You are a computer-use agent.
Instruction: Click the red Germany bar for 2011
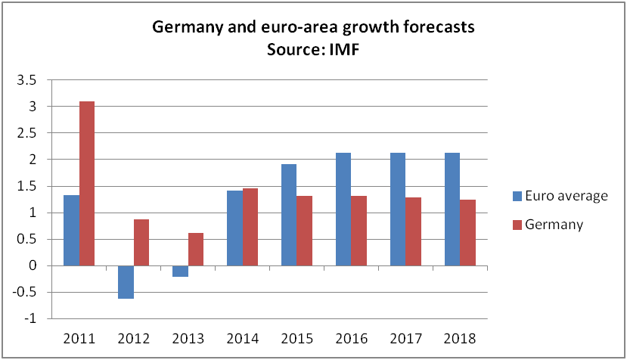click(x=86, y=183)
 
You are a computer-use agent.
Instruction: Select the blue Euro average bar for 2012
click(x=126, y=282)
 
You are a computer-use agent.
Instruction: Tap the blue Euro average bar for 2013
click(x=180, y=272)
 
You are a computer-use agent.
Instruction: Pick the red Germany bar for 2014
click(x=250, y=227)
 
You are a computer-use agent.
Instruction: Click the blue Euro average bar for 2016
click(x=343, y=209)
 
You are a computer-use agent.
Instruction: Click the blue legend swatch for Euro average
click(x=518, y=197)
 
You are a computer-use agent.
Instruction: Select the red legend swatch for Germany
click(x=518, y=225)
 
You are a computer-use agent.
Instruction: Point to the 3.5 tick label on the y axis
click(x=26, y=80)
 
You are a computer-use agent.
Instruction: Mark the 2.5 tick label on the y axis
click(x=26, y=133)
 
